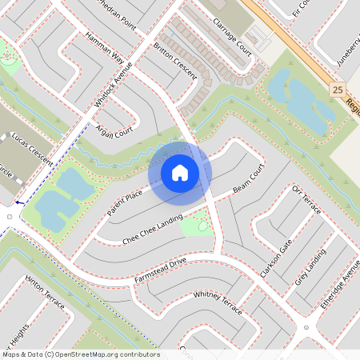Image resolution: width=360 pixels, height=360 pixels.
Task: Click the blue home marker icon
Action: pyautogui.click(x=180, y=172)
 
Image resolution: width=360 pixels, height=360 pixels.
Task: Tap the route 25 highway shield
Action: pyautogui.click(x=337, y=91)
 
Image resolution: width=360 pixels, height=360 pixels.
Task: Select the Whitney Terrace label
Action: pyautogui.click(x=218, y=302)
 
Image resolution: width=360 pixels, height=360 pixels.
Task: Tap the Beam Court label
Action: pyautogui.click(x=248, y=184)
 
